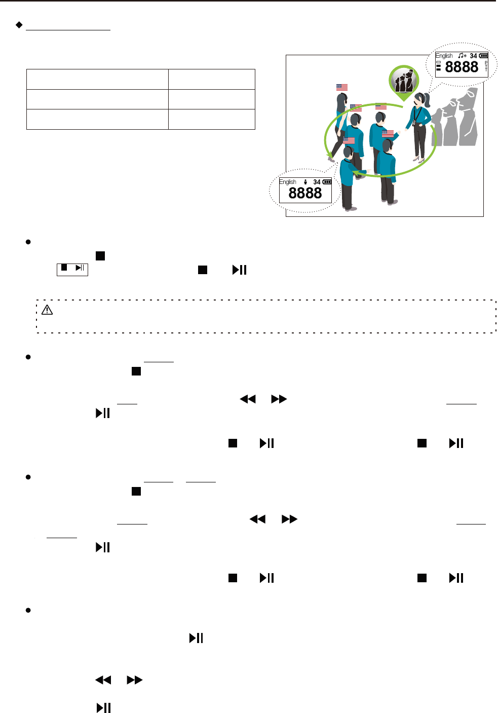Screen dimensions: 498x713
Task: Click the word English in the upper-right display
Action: (444, 56)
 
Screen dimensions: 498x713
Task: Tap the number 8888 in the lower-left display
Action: (305, 193)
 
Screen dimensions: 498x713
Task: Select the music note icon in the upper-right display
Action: (462, 56)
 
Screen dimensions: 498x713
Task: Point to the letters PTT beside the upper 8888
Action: (486, 66)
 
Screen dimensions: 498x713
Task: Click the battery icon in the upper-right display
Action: (483, 56)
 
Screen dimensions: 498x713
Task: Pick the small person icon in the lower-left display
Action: (305, 182)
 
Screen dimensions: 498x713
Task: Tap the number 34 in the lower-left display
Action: (317, 182)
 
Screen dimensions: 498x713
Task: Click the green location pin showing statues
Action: (404, 82)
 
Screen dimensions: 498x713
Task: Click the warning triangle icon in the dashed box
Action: (47, 310)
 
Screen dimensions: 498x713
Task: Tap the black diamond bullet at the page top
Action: (19, 24)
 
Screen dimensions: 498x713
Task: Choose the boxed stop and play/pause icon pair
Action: (72, 269)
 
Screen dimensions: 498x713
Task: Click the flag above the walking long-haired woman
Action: (342, 87)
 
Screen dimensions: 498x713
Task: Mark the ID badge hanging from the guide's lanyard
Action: (414, 123)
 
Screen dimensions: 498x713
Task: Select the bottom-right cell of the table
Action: (211, 119)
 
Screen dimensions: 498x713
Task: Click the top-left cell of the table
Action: (97, 80)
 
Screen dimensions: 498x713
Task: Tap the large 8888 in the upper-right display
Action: (461, 67)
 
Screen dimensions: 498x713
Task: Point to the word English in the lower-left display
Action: (287, 182)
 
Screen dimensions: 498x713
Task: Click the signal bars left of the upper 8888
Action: (438, 66)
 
